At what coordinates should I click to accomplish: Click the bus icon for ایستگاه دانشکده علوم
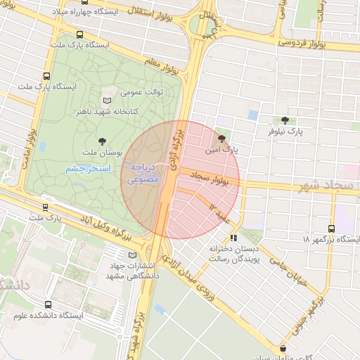(48, 304)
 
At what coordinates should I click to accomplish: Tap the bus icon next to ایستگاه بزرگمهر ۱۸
(331, 229)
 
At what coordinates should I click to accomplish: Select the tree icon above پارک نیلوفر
(284, 120)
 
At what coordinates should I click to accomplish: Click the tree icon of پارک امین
(223, 139)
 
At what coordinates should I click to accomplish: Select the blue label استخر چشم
(85, 169)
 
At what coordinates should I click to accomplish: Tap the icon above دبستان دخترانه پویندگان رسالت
(233, 238)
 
